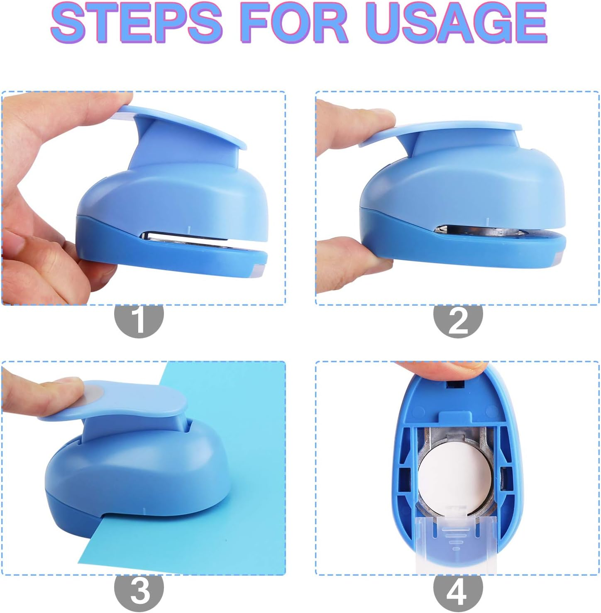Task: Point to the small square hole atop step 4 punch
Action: [454, 384]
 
